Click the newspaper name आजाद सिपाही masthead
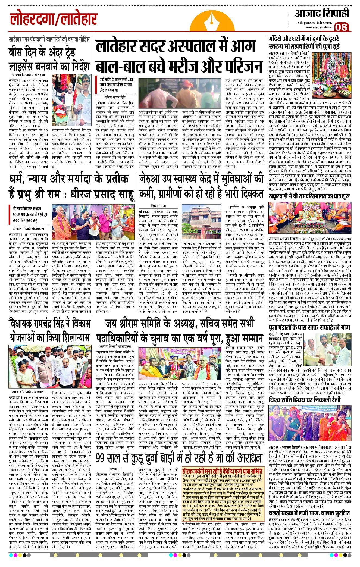(322, 14)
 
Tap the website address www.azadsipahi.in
(318, 27)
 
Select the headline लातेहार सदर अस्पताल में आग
(175, 47)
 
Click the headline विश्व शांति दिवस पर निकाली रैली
(305, 400)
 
